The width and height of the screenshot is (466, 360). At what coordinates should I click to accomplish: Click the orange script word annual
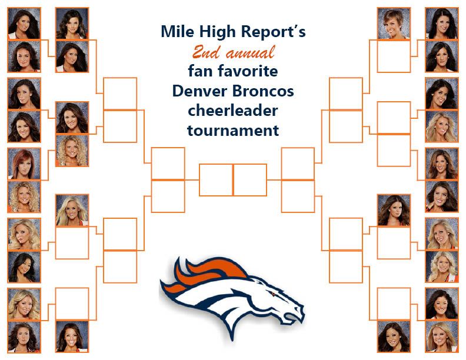[x=250, y=53]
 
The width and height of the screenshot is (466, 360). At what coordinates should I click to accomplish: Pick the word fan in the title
[x=201, y=71]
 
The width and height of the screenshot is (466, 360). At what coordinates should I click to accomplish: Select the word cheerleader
[x=233, y=111]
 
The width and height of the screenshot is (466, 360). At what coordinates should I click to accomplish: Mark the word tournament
[x=233, y=131]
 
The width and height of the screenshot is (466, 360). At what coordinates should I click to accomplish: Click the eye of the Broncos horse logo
[x=272, y=294]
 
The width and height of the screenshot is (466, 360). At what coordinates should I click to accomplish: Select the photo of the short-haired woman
[x=394, y=24]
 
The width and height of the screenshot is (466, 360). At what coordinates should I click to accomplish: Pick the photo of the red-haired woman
[x=24, y=164]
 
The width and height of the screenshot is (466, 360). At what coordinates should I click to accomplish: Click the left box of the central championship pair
[x=216, y=180]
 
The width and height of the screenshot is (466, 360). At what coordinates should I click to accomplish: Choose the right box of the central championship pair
[x=250, y=180]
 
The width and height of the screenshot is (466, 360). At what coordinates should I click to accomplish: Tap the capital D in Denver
[x=178, y=91]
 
